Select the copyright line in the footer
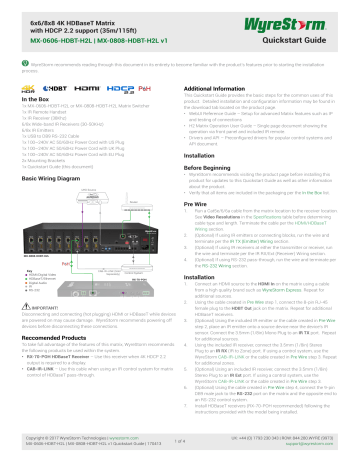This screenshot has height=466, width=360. (x=75, y=442)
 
